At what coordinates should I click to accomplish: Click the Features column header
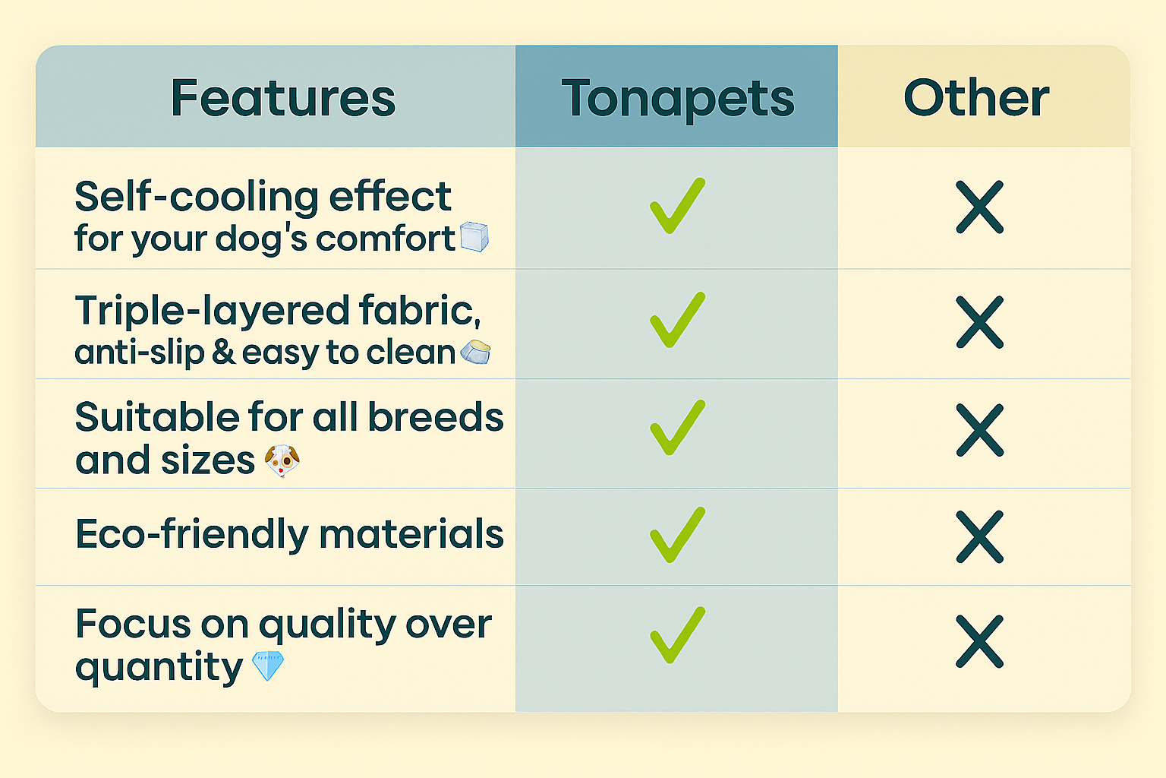(283, 97)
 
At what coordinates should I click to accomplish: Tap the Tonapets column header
(677, 99)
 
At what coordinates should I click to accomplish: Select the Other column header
(976, 97)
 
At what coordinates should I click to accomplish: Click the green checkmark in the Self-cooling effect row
(677, 206)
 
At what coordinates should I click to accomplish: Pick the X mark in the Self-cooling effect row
(980, 207)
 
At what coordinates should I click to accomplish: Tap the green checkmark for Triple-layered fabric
(677, 320)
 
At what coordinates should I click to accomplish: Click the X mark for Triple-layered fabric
(980, 322)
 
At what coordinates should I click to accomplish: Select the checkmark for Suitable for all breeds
(677, 428)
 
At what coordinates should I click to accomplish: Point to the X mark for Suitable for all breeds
(980, 430)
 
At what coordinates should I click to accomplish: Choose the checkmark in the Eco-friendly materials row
(677, 535)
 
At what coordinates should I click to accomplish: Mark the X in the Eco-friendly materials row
(980, 536)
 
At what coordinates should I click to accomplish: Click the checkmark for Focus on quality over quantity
(677, 635)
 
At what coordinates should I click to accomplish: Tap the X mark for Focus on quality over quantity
(980, 641)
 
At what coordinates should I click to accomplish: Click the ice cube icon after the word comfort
(474, 237)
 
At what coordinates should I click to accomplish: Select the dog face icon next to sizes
(282, 460)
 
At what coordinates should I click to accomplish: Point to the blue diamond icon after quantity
(267, 666)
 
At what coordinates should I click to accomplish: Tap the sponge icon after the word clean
(475, 353)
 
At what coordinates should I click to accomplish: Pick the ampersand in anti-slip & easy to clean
(223, 352)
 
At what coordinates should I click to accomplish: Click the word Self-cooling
(197, 198)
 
